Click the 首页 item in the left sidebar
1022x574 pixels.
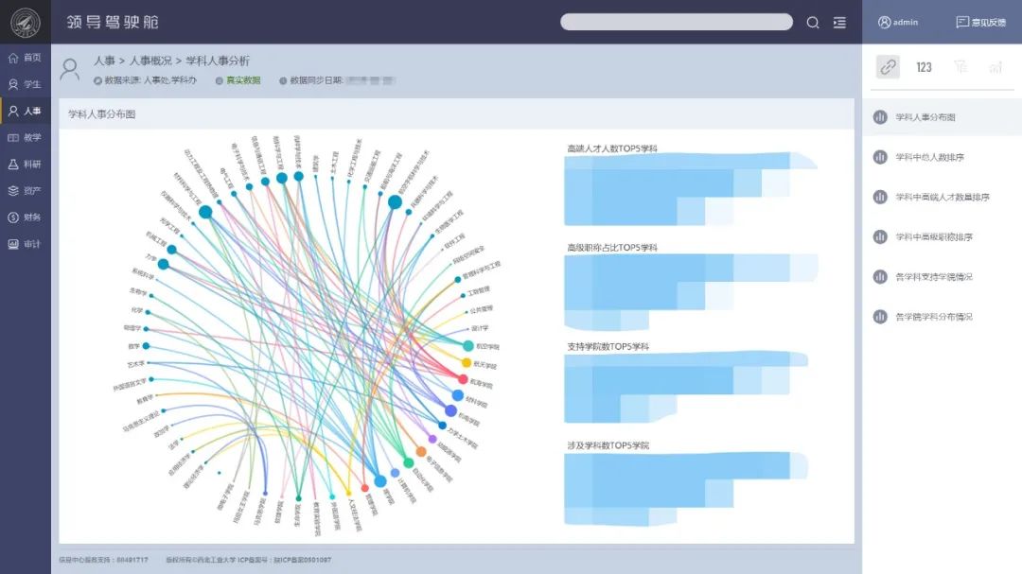pos(26,58)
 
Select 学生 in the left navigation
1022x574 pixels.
pos(26,84)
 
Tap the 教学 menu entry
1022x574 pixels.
pos(26,138)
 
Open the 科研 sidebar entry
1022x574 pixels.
pos(26,165)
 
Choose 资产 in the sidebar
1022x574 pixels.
pos(26,191)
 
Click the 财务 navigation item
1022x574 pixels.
pos(26,217)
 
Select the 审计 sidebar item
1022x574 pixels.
pos(26,244)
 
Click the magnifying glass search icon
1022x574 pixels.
pos(813,23)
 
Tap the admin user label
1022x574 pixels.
pos(898,22)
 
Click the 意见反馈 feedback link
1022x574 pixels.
pos(981,22)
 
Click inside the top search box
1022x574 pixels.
pos(676,22)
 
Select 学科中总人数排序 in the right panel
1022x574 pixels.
pos(929,157)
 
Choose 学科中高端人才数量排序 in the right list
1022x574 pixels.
pos(942,197)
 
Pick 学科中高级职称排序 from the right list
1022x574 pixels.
pos(933,237)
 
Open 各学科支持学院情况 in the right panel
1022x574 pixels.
pos(933,277)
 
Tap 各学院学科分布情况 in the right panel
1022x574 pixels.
pos(933,317)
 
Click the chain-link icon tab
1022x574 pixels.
pos(888,67)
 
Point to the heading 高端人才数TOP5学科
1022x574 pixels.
pos(611,148)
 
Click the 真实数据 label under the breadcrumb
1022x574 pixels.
pos(242,80)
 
